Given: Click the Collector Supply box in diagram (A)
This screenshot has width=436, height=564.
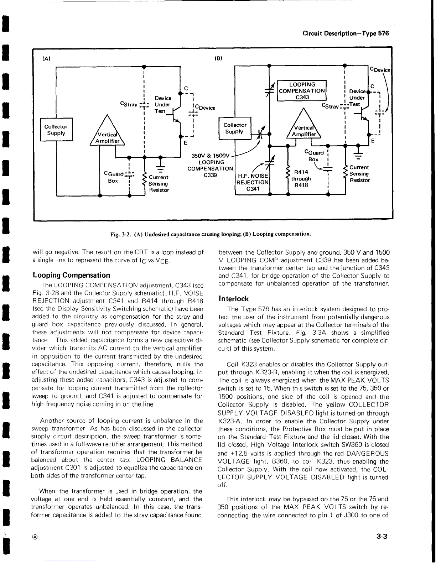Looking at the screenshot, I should click(56, 130).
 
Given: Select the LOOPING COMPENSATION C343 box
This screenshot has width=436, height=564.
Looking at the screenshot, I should click(302, 91).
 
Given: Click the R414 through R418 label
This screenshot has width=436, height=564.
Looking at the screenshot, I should click(301, 178).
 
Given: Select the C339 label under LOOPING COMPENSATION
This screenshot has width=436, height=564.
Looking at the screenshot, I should click(210, 175).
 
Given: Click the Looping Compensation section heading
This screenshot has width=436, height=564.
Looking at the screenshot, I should click(71, 275).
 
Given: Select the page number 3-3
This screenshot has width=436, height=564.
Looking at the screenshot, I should click(381, 537).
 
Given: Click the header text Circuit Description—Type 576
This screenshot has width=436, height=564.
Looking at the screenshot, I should click(346, 33).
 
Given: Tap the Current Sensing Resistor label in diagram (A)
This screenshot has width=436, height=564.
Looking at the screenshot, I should click(159, 183).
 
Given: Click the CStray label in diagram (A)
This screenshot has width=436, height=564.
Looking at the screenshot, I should click(129, 104).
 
